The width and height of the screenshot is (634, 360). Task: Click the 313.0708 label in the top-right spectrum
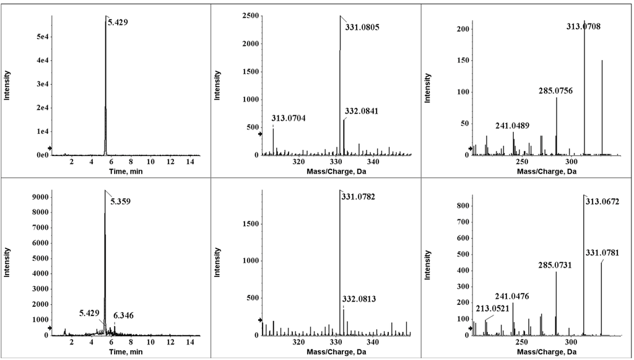click(583, 27)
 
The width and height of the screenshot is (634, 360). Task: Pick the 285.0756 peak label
click(556, 91)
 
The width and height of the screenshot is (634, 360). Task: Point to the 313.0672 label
click(604, 201)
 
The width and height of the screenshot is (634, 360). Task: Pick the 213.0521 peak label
click(493, 309)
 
